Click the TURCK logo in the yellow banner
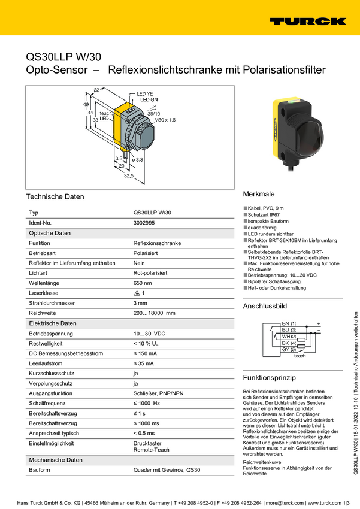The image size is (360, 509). pyautogui.click(x=307, y=22)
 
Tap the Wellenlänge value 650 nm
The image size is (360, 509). pyautogui.click(x=143, y=283)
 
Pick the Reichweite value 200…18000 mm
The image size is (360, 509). pyautogui.click(x=154, y=313)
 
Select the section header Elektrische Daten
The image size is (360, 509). pyautogui.click(x=53, y=323)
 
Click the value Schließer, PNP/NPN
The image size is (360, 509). pyautogui.click(x=158, y=394)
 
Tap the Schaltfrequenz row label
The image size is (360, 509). pyautogui.click(x=47, y=404)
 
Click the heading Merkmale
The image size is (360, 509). pyautogui.click(x=259, y=195)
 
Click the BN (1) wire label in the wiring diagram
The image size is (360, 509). pyautogui.click(x=289, y=323)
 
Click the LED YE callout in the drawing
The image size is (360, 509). pyautogui.click(x=146, y=93)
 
